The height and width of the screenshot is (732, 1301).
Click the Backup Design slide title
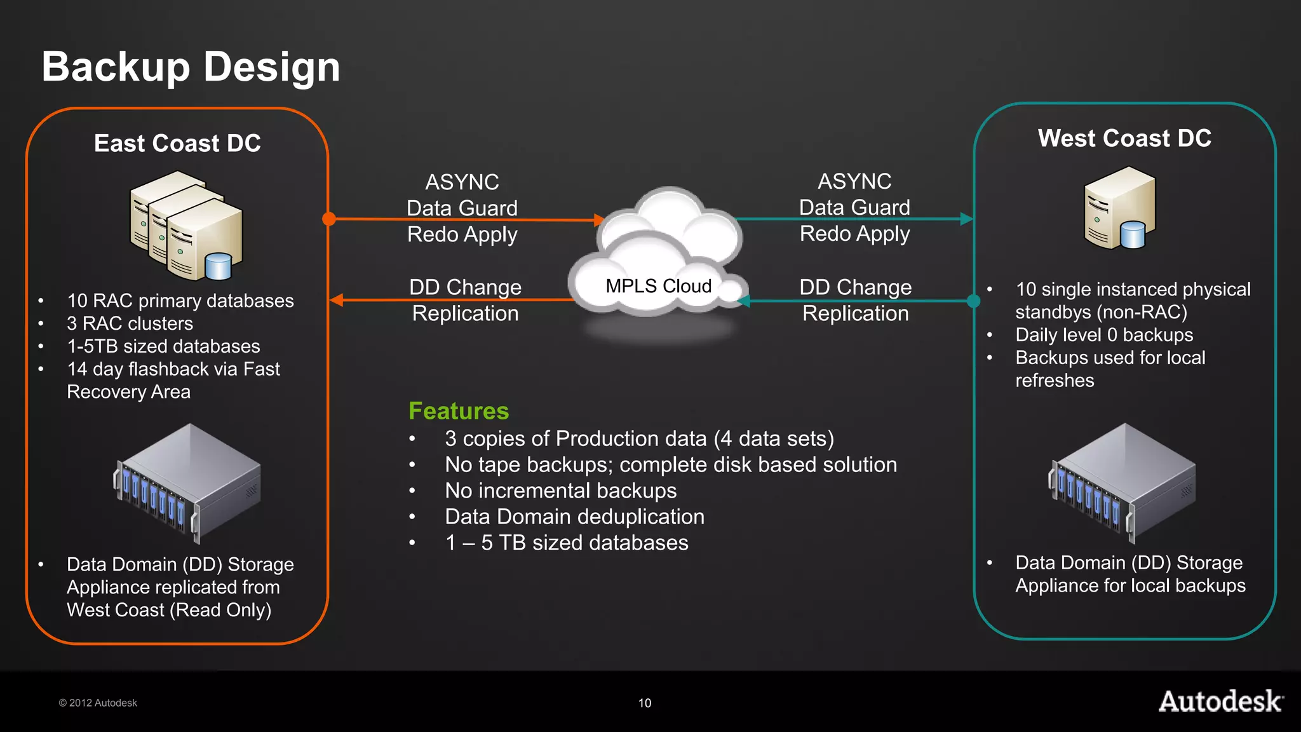coord(191,67)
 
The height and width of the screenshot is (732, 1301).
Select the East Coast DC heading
coord(177,144)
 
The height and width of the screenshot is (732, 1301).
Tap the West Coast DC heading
coord(1124,139)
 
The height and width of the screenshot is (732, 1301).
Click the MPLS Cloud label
coord(658,286)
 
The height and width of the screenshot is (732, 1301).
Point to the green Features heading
coord(459,411)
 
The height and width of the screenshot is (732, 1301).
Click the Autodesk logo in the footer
coord(1220,701)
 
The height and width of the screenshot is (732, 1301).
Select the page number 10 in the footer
coord(645,703)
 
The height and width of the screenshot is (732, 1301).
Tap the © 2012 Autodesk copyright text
coord(98,703)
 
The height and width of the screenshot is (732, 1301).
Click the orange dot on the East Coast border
coord(329,219)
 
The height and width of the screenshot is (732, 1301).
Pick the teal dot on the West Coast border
coord(973,301)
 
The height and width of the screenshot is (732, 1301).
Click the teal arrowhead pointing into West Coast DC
coord(966,219)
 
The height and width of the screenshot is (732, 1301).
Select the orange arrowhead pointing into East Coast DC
coord(337,300)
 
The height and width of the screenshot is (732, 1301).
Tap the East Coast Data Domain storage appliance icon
coord(187,483)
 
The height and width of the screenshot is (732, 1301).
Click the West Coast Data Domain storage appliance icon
coord(1122,483)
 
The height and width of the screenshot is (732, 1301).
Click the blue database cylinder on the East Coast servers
coord(219,267)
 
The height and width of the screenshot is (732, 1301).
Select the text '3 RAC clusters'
coord(130,323)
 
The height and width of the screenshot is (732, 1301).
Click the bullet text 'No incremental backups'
coord(560,491)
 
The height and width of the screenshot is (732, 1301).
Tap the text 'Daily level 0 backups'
coord(1104,335)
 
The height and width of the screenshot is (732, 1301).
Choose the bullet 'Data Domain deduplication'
coord(574,517)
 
